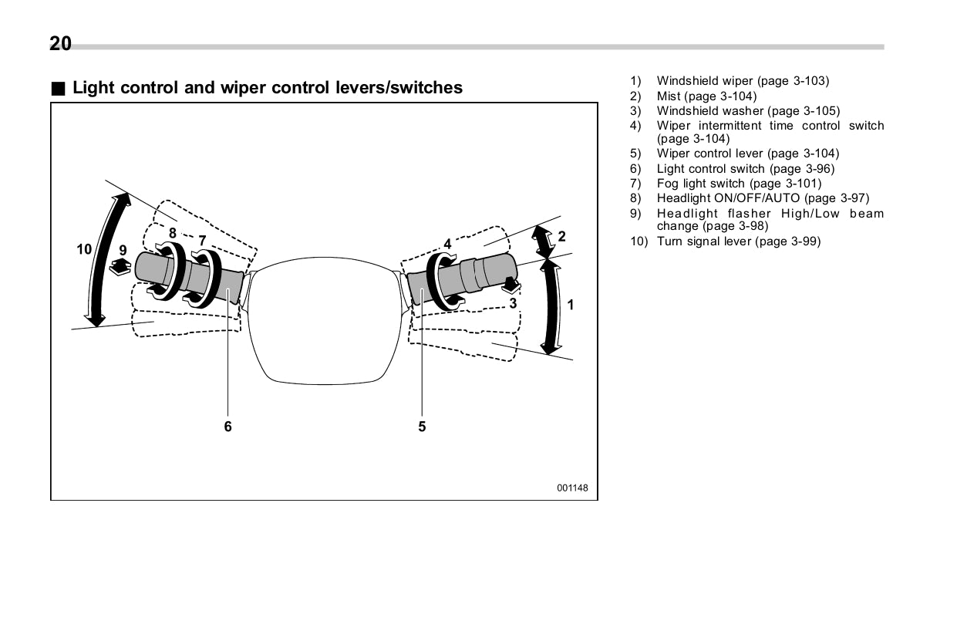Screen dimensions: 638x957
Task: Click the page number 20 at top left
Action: point(60,44)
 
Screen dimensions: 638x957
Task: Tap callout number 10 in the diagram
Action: point(84,248)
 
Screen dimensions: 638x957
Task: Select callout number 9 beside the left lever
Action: point(123,250)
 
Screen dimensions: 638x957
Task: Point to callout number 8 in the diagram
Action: point(173,232)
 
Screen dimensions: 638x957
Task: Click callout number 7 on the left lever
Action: point(202,240)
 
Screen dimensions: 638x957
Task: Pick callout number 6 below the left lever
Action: point(227,426)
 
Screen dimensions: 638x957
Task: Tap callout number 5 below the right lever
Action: point(422,426)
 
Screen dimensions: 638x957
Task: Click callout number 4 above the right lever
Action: point(447,244)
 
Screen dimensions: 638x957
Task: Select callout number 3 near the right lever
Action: point(512,303)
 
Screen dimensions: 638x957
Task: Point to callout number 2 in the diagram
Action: point(561,236)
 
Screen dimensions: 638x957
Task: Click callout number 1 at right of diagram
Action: point(571,305)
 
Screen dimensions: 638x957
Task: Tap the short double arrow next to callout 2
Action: point(544,241)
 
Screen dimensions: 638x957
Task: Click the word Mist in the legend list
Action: point(668,96)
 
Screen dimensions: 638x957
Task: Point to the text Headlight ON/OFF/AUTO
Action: point(728,198)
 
